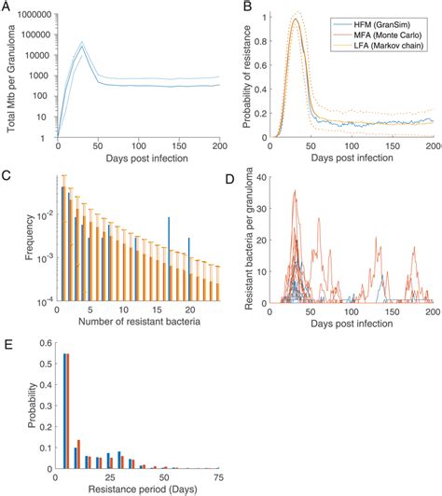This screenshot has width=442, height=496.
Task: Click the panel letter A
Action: (7, 8)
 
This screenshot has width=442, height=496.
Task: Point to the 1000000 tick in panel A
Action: (31, 16)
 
